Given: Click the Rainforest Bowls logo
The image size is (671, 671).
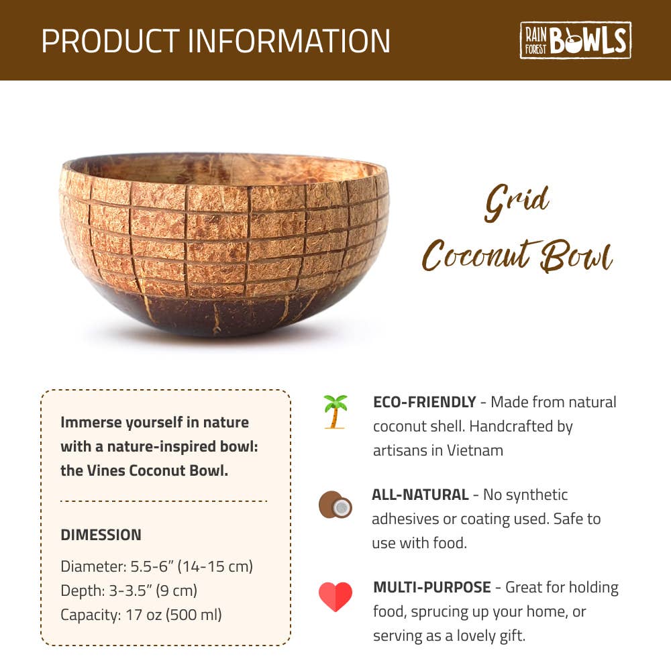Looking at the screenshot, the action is [x=575, y=40].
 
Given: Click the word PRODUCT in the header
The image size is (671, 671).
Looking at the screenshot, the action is [x=111, y=41].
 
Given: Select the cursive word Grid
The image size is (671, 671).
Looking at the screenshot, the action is [x=517, y=203].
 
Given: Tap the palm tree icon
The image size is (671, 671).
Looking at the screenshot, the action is [x=335, y=412].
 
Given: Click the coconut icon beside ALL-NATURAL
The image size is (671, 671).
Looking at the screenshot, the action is [x=335, y=505].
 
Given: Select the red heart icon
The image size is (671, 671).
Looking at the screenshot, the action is [x=335, y=597].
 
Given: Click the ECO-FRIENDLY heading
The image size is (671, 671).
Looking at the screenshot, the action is [x=425, y=402].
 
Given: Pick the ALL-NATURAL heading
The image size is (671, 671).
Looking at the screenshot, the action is [x=420, y=495].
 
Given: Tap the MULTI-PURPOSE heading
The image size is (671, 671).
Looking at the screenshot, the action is [x=431, y=587].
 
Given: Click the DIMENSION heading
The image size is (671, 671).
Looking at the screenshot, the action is [x=101, y=535].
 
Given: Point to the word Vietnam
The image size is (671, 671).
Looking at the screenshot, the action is [x=475, y=450].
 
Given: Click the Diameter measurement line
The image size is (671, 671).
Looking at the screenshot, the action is [x=156, y=566].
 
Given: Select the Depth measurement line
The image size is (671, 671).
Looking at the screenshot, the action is [x=129, y=590].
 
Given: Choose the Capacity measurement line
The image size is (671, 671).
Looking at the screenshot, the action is [x=141, y=615].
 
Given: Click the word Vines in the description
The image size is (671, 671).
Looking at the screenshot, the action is [x=106, y=471].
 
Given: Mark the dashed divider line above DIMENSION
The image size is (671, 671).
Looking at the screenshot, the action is [x=164, y=501].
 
